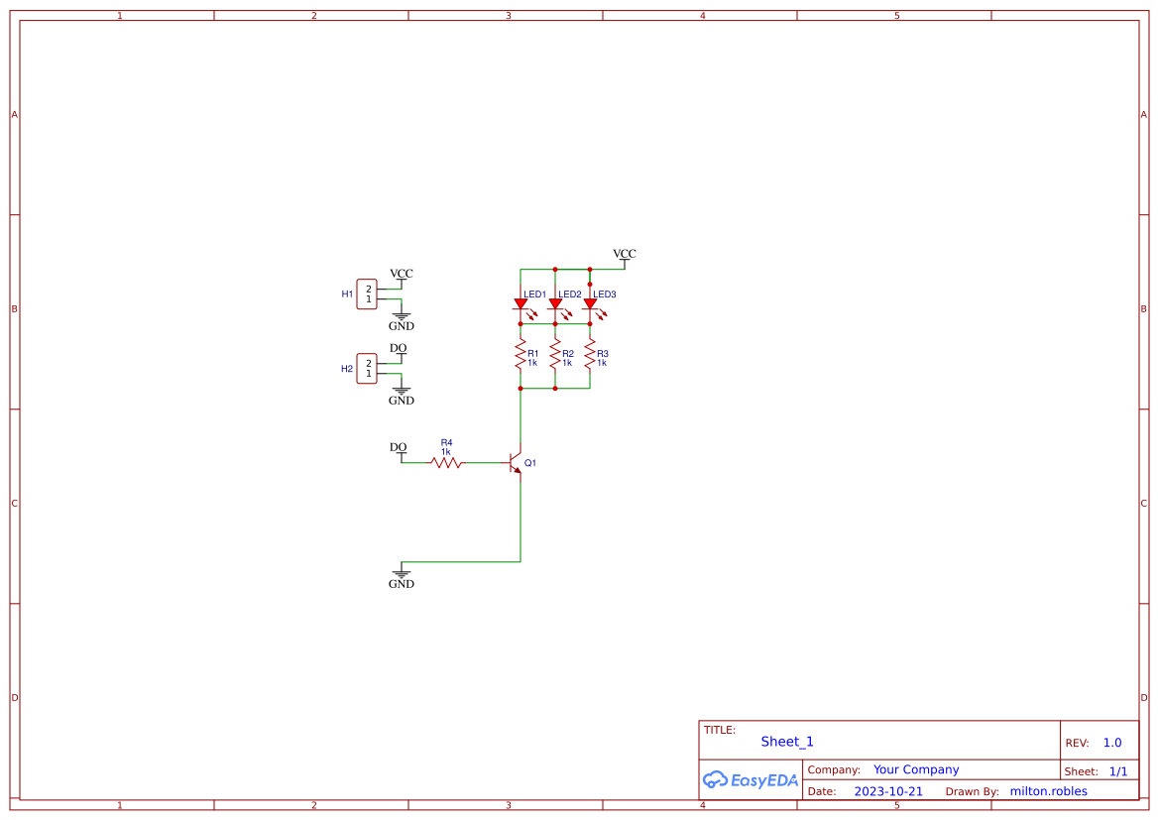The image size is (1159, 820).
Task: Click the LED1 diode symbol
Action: [521, 304]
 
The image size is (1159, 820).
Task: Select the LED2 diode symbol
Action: [555, 304]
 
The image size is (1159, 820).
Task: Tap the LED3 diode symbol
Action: [590, 304]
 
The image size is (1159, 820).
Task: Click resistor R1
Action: [521, 355]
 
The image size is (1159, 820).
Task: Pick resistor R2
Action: [555, 355]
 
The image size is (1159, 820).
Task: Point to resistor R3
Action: [590, 355]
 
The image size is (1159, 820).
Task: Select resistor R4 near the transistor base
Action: [446, 462]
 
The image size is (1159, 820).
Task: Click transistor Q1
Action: [515, 463]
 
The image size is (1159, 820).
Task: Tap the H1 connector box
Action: [367, 293]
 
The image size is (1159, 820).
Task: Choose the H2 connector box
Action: [367, 368]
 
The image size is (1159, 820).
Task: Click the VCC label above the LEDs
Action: [625, 254]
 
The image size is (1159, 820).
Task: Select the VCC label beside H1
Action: [402, 274]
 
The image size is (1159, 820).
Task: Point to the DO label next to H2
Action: [398, 348]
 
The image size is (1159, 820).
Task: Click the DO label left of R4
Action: [398, 447]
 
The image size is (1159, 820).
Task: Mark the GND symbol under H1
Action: [402, 320]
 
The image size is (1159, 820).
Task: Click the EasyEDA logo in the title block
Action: [750, 780]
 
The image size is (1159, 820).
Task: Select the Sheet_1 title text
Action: [787, 742]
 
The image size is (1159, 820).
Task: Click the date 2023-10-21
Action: [888, 791]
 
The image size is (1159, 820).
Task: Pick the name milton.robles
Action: [1048, 791]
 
